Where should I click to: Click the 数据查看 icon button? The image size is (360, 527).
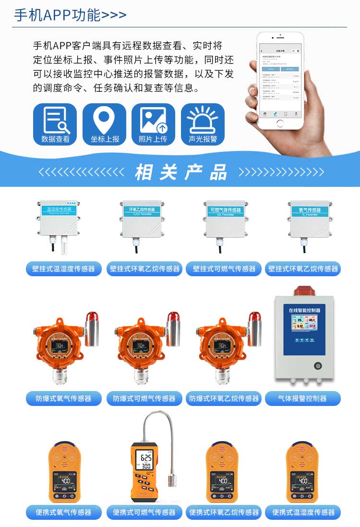(x=55, y=124)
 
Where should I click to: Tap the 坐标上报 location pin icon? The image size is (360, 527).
(x=104, y=124)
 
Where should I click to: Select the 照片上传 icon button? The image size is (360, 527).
(x=153, y=124)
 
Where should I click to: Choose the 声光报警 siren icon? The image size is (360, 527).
(x=203, y=124)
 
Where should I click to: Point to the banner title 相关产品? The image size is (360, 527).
(x=180, y=172)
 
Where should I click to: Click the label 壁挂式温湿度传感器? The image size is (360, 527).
(x=64, y=269)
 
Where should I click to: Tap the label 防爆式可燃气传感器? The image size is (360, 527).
(x=144, y=398)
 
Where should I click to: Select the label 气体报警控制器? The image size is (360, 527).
(x=302, y=398)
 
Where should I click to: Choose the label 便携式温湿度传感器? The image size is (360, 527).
(x=303, y=512)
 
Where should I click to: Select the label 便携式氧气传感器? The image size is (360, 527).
(x=64, y=512)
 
